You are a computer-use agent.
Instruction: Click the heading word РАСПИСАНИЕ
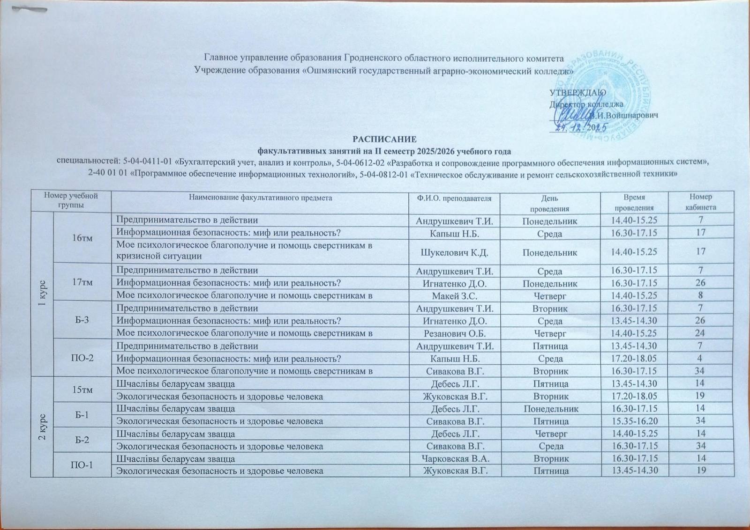384,140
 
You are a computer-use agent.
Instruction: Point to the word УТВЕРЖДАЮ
577,92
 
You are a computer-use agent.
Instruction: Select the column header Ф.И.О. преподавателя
454,198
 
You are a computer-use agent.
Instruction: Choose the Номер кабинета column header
700,202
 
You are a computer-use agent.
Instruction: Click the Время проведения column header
634,202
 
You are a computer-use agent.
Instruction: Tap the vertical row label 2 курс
42,426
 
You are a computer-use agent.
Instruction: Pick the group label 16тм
82,238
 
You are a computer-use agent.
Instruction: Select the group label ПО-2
82,358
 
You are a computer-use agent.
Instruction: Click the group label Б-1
82,415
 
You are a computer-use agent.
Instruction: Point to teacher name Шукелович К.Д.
453,252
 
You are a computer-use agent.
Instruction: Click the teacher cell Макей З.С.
453,295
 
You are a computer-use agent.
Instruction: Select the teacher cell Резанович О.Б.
453,333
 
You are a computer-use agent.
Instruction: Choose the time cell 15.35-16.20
634,421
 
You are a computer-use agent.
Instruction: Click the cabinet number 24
700,333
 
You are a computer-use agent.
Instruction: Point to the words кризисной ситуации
159,256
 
